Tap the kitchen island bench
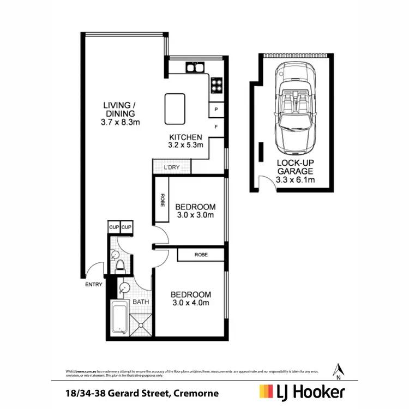coord(175,109)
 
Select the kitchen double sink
coord(195,68)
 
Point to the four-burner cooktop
coord(216,86)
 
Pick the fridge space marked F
coord(216,127)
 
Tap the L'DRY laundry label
coord(172,167)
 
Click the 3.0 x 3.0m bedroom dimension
coord(195,215)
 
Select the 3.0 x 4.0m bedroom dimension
coord(191,303)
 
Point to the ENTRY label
coord(93,284)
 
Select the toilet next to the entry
coord(121,266)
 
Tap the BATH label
coord(141,302)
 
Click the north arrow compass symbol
coord(339,370)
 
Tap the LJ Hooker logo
coord(302,392)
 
